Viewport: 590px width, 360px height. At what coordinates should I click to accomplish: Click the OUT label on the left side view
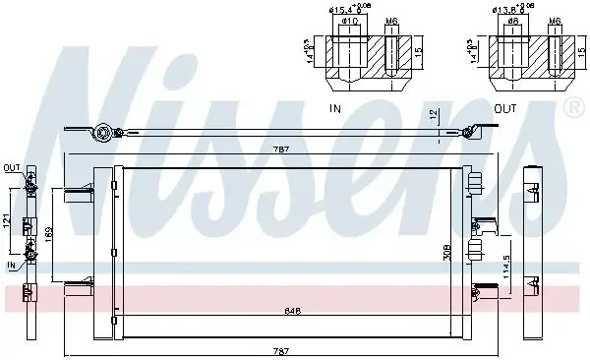tap(12, 167)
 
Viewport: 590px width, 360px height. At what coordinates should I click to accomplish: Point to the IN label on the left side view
tap(11, 265)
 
